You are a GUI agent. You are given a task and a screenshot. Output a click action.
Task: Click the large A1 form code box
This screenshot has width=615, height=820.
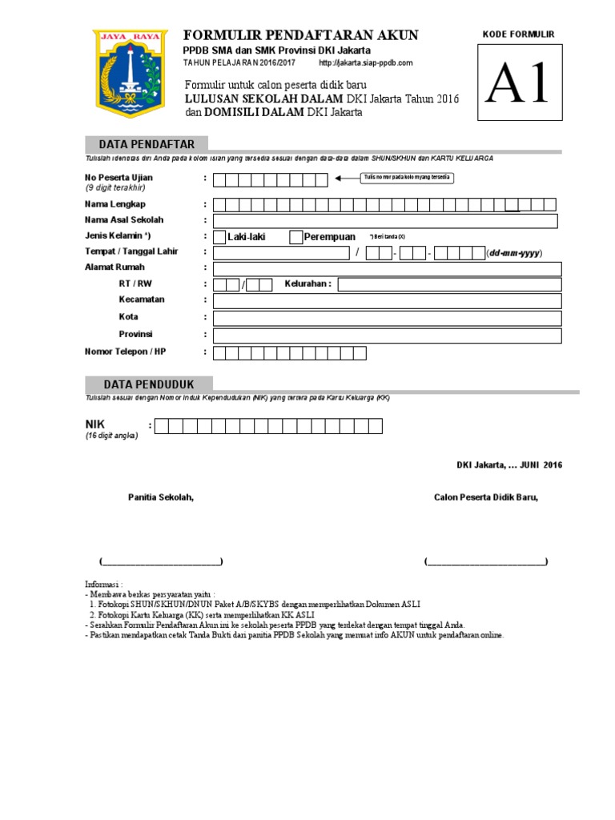click(x=520, y=83)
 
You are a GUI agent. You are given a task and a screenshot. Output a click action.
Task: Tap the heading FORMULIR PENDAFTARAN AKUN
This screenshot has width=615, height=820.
click(x=301, y=34)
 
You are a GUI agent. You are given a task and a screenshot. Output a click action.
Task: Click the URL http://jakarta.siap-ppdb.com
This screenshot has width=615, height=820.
click(x=366, y=62)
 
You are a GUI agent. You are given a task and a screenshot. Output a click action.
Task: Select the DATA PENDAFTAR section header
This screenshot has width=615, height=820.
click(x=147, y=144)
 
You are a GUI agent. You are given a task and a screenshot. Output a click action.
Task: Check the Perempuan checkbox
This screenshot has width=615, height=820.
click(x=295, y=236)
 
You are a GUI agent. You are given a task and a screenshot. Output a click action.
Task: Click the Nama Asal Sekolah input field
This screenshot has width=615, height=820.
click(x=386, y=220)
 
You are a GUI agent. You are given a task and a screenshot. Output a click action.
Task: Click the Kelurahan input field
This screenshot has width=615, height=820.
click(x=449, y=284)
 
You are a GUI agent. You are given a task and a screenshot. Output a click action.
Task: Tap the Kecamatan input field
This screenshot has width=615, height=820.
click(x=387, y=300)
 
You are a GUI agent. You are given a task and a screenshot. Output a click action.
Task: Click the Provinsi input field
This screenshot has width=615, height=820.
click(x=387, y=335)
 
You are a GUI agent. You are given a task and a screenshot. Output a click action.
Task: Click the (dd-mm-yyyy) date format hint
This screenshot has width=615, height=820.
click(x=514, y=253)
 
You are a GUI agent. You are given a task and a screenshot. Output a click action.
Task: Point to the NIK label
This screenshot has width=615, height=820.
click(x=95, y=424)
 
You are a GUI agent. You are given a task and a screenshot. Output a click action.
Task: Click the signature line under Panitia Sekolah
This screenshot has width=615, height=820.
click(x=161, y=561)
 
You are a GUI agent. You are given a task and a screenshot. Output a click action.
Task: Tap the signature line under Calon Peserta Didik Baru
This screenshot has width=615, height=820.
click(x=486, y=561)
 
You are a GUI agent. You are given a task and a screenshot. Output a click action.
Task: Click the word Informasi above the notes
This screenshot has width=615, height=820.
click(x=102, y=584)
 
